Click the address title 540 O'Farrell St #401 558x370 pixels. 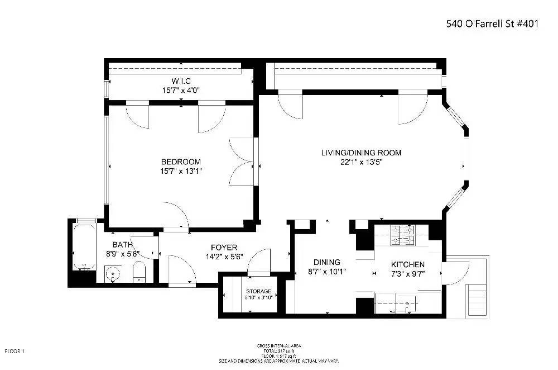492,24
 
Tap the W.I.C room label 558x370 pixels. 181,82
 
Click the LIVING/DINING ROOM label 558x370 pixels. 361,153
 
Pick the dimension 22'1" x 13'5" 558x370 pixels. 361,162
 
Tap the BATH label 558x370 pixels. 122,244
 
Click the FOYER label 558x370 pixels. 224,248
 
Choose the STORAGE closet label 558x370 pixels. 259,291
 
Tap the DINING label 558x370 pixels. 326,263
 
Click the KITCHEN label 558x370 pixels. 407,264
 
